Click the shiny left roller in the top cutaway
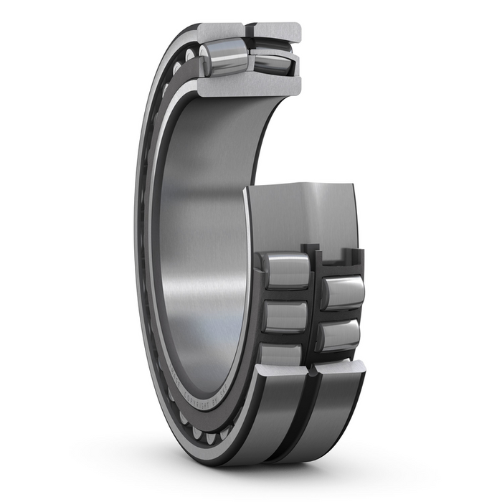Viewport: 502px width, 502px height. (x=224, y=58)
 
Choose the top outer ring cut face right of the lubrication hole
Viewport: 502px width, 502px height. (x=277, y=31)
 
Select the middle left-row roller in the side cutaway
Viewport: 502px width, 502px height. (x=286, y=316)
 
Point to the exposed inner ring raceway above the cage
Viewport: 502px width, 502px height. (x=301, y=215)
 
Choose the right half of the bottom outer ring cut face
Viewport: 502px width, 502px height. (x=341, y=367)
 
